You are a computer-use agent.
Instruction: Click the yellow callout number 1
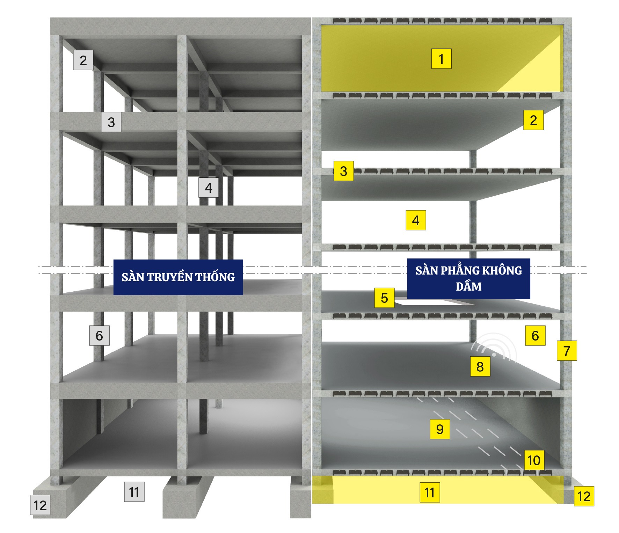click(x=441, y=59)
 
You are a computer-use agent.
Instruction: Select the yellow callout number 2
click(x=533, y=120)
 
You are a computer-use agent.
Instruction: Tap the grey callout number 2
click(x=83, y=60)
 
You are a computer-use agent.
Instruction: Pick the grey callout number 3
click(x=111, y=122)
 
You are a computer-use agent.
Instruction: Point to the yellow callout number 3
click(x=344, y=171)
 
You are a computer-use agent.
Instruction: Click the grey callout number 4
click(x=209, y=188)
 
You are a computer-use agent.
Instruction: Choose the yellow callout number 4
click(x=416, y=220)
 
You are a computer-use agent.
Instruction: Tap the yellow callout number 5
click(x=385, y=298)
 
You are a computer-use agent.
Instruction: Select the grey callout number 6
click(x=99, y=335)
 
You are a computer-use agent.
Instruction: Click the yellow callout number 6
click(x=535, y=335)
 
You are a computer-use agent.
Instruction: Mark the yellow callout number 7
click(x=567, y=351)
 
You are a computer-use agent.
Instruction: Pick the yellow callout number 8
click(x=480, y=366)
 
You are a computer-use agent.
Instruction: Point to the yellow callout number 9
click(x=440, y=429)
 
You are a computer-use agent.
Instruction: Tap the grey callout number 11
click(x=134, y=492)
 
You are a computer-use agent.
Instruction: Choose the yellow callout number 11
click(x=429, y=492)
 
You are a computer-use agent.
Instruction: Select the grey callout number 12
click(x=40, y=505)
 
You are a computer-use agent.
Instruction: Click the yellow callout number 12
click(x=584, y=496)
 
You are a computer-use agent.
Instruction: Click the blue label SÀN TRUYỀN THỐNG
click(x=178, y=277)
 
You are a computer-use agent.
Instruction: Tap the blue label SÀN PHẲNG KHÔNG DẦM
click(x=469, y=278)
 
